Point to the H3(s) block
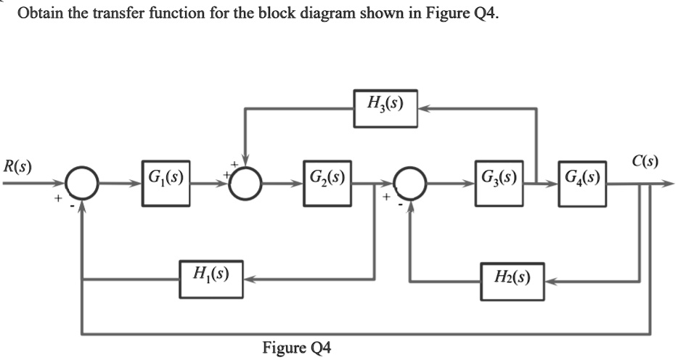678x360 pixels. click(x=385, y=108)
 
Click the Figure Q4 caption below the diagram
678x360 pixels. click(x=296, y=347)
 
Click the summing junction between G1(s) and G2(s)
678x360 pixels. click(x=247, y=184)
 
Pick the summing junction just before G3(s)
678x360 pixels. click(x=412, y=184)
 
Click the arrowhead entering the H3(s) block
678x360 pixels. click(x=424, y=109)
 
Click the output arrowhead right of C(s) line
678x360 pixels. click(x=669, y=184)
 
